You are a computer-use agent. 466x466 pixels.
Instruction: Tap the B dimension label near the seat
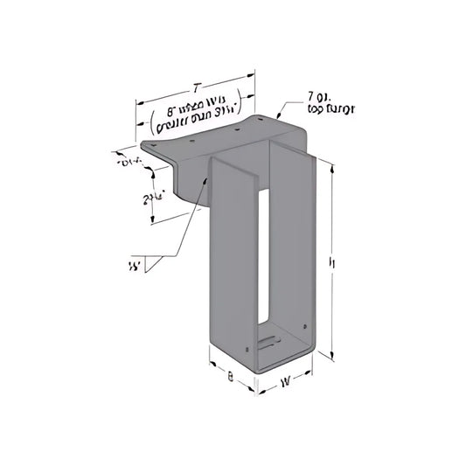229,378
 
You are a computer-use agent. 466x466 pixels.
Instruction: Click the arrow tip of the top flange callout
277,117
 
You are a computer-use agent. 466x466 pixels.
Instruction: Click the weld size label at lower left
135,265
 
